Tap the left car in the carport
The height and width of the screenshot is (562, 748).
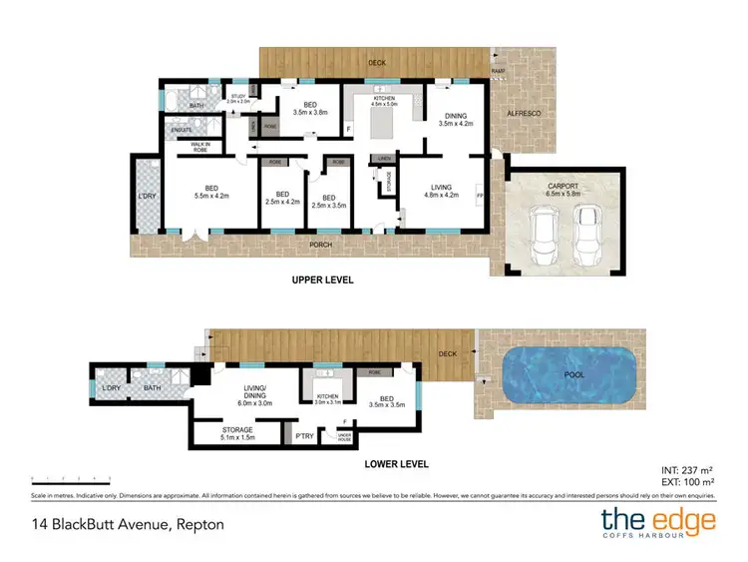(x=545, y=235)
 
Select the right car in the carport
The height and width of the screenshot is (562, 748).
(x=587, y=235)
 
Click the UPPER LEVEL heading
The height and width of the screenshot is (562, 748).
(x=322, y=280)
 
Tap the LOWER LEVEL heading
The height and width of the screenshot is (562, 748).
(x=396, y=464)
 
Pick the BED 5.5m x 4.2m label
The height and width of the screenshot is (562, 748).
(x=211, y=193)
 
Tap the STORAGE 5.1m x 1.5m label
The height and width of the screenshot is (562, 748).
(x=238, y=434)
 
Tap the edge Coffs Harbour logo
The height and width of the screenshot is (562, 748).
(x=658, y=523)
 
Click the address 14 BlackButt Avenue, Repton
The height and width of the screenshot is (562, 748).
(x=128, y=523)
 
